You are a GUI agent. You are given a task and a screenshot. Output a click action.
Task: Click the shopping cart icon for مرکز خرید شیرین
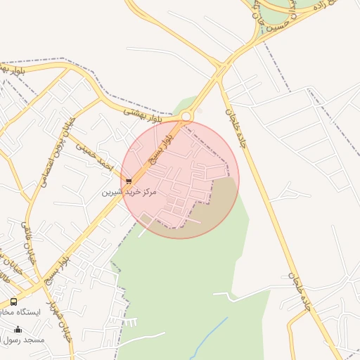(128, 181)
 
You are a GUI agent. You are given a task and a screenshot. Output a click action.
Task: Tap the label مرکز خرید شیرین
(129, 191)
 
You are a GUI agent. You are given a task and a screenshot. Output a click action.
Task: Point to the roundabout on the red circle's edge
(186, 116)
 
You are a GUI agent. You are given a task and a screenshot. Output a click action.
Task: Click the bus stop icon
(14, 301)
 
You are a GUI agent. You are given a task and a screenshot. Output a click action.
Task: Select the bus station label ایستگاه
(27, 311)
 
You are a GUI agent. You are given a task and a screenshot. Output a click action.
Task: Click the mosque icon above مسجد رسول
(18, 329)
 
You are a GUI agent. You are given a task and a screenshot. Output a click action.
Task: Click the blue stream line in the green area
(214, 330)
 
